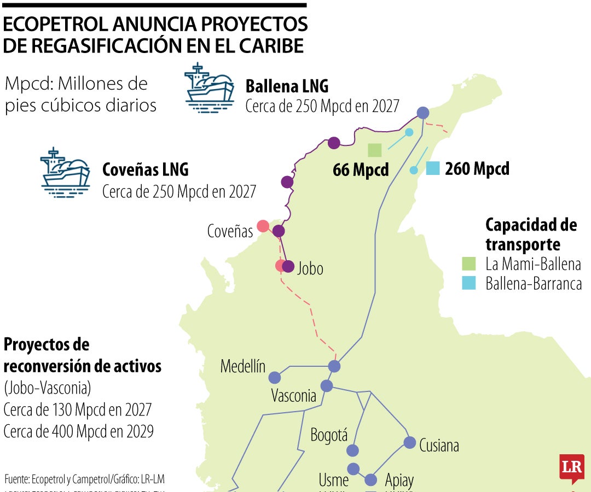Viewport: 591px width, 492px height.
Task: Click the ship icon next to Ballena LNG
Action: [210, 89]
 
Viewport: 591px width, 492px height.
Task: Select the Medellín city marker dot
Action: [275, 378]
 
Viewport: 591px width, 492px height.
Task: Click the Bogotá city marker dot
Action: [353, 450]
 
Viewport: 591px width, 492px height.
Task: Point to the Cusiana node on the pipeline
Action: [409, 442]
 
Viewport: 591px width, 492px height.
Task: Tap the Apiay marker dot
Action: [371, 480]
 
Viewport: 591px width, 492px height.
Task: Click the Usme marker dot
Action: [353, 469]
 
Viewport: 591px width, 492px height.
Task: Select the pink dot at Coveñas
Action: [263, 226]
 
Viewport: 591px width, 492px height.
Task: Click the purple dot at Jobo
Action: [288, 267]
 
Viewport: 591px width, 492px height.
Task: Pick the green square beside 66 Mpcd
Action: [374, 150]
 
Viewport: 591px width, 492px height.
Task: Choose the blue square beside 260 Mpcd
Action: [433, 168]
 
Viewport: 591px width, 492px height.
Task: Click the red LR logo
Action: [571, 468]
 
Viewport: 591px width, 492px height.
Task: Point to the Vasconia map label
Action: [294, 396]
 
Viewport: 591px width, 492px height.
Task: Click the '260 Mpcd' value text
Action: [477, 169]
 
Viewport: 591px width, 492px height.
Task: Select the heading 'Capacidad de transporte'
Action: [531, 234]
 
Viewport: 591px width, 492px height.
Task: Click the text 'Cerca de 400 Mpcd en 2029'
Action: [78, 431]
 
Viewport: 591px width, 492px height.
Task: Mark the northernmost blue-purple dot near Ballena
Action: [422, 113]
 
